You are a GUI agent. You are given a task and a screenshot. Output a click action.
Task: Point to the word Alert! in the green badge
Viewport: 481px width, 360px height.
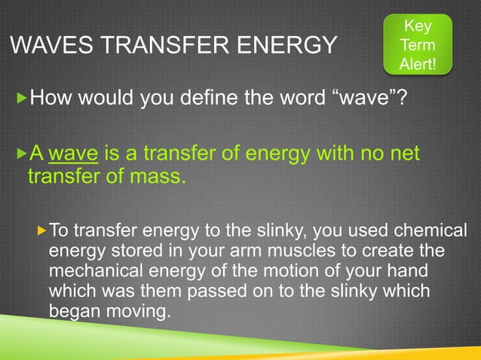tap(417, 64)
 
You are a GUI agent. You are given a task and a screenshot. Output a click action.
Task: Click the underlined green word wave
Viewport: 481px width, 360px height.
tap(73, 154)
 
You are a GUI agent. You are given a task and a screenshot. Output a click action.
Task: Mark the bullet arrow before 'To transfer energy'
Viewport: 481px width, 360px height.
tap(43, 228)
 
